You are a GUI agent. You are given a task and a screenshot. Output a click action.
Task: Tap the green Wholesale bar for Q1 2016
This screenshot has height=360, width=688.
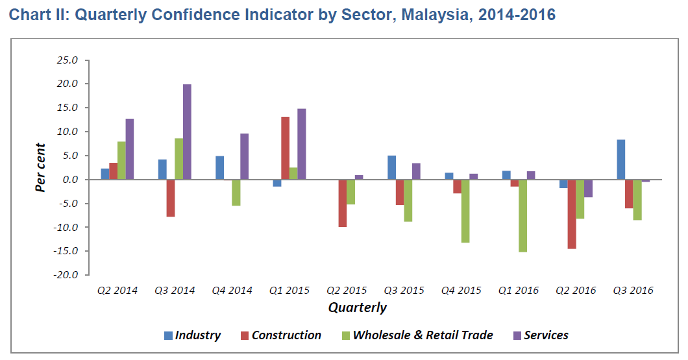coord(522,215)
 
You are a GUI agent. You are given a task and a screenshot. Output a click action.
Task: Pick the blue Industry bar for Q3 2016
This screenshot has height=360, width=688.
coord(621,160)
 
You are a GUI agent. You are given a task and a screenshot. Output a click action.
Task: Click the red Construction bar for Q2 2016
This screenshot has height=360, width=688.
coord(572,214)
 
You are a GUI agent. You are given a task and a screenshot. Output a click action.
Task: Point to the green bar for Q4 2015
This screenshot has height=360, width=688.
coord(465,211)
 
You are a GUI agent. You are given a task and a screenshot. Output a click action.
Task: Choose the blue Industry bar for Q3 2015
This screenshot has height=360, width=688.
coord(391,167)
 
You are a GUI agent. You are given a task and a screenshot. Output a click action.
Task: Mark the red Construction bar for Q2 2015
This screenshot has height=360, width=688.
coord(342,203)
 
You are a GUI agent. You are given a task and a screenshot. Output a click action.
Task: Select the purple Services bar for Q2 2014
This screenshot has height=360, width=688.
coord(130,149)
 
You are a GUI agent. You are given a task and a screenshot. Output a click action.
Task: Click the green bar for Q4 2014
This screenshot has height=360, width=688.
coord(236,193)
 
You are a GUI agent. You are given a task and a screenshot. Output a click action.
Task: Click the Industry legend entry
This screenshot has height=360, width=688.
coord(192,335)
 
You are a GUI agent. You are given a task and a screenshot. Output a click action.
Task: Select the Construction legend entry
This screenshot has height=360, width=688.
coord(280,335)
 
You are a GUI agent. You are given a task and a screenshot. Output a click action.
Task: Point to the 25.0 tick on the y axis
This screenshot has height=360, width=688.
coord(68,60)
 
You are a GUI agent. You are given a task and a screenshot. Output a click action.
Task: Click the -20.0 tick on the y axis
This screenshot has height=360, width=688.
coord(66,274)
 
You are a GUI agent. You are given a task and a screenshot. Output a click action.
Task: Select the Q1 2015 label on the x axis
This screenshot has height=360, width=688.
coord(289,291)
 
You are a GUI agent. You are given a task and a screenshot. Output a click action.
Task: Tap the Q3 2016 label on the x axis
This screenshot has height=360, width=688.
coord(633,291)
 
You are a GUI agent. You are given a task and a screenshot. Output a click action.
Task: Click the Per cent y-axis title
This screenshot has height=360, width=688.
coord(41,167)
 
